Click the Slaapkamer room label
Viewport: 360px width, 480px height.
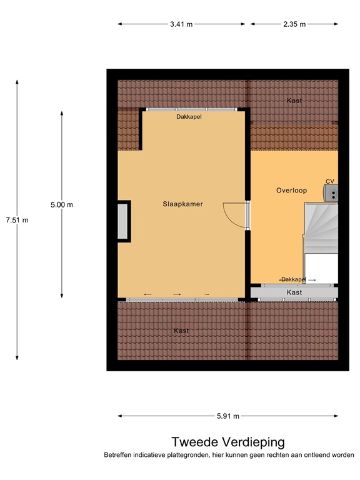(x=182, y=204)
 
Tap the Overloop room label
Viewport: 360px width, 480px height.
(x=291, y=191)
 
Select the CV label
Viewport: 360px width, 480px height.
(x=330, y=181)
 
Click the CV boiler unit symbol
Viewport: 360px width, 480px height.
(x=331, y=192)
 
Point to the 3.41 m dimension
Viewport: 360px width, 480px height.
(x=181, y=24)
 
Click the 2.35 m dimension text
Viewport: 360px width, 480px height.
(x=294, y=24)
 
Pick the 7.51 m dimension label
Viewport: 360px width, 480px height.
(x=17, y=220)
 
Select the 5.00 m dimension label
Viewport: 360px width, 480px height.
(x=62, y=204)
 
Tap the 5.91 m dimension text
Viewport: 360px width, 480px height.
(x=228, y=416)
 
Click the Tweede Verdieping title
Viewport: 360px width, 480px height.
(x=228, y=442)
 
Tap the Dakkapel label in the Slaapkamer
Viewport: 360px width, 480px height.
(x=189, y=116)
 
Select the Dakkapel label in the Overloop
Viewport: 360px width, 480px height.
(x=292, y=279)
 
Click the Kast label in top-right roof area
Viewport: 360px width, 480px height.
(x=294, y=101)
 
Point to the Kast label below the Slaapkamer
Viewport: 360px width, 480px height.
(x=181, y=331)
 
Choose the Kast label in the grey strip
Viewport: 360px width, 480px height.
(x=294, y=292)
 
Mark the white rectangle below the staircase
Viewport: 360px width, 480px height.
(x=321, y=267)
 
